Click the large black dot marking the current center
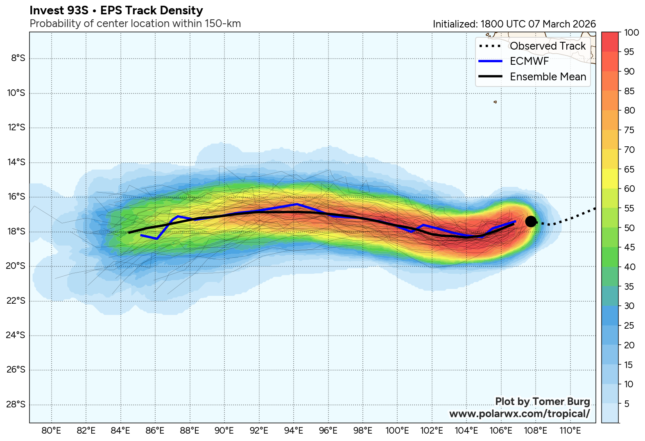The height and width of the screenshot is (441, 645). (531, 221)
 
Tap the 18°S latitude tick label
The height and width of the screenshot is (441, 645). (16, 232)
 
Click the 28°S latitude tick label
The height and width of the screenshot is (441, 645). (16, 405)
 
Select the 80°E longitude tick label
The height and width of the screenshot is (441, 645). (52, 431)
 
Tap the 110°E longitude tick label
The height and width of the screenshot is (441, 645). (570, 431)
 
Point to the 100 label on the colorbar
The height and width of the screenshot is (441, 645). (631, 33)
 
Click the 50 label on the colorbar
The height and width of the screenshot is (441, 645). (629, 228)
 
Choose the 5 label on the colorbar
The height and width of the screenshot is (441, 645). (627, 404)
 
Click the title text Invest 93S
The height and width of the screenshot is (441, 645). (59, 11)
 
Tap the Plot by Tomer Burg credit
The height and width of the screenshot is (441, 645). (542, 402)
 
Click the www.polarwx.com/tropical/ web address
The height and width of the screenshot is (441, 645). (519, 414)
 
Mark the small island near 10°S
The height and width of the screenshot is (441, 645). (495, 102)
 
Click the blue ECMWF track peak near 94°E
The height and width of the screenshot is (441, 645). (297, 204)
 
